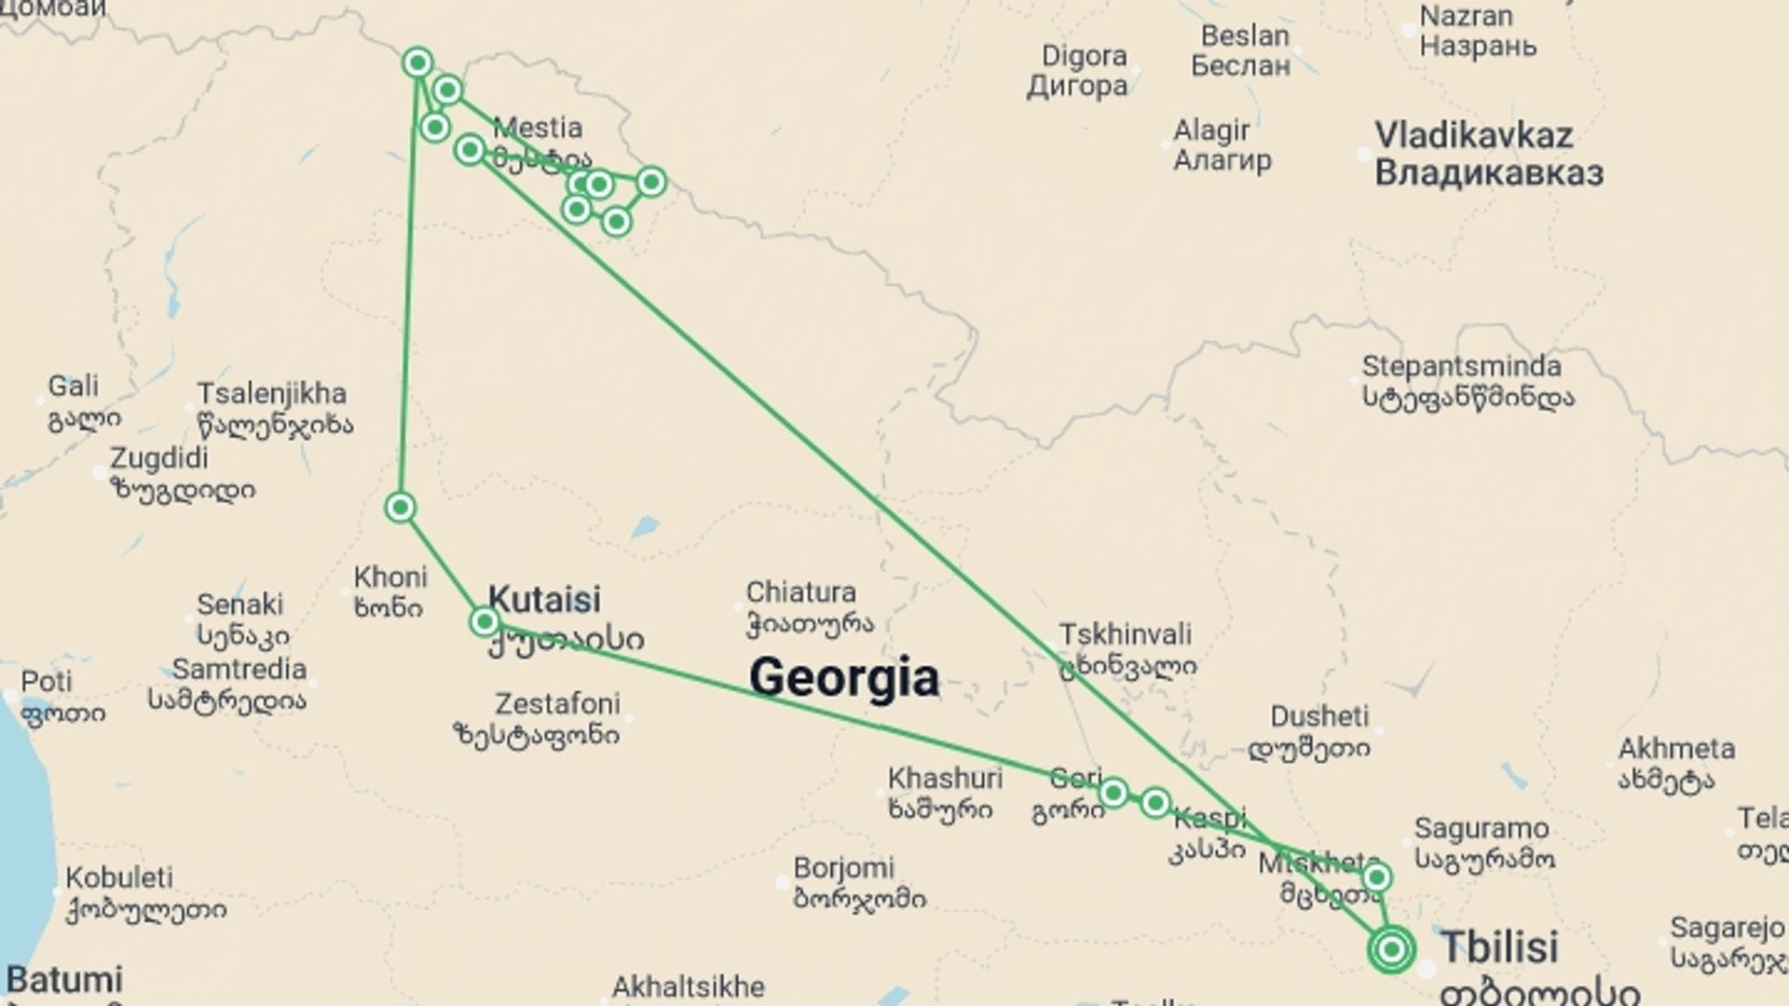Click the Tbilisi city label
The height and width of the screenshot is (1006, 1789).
pyautogui.click(x=1499, y=947)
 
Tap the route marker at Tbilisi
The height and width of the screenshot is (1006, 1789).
pyautogui.click(x=1392, y=950)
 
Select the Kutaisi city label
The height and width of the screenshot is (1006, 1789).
pyautogui.click(x=544, y=600)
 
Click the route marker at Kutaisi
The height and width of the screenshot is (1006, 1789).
pyautogui.click(x=485, y=621)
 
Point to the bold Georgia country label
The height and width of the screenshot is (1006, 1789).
pyautogui.click(x=843, y=676)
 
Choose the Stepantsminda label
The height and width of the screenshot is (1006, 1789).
pyautogui.click(x=1461, y=366)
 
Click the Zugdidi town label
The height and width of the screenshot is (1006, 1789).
pyautogui.click(x=159, y=458)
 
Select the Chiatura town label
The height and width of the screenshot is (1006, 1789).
pyautogui.click(x=800, y=592)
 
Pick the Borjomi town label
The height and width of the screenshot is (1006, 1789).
pyautogui.click(x=843, y=868)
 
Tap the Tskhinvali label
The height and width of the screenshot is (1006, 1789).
pyautogui.click(x=1125, y=634)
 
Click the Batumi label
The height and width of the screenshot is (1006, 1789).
pyautogui.click(x=65, y=980)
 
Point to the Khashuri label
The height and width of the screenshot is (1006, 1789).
pyautogui.click(x=945, y=778)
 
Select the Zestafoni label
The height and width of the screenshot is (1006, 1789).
pyautogui.click(x=556, y=703)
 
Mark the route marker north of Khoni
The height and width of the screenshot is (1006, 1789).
pyautogui.click(x=400, y=508)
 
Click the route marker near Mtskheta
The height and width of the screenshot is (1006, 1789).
pyautogui.click(x=1376, y=877)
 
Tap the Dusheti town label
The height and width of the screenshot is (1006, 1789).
pyautogui.click(x=1318, y=716)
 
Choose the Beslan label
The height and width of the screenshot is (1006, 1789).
pyautogui.click(x=1245, y=36)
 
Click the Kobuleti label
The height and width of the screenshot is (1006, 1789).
pyautogui.click(x=119, y=877)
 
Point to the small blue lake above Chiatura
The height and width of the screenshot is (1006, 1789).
pyautogui.click(x=644, y=528)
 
